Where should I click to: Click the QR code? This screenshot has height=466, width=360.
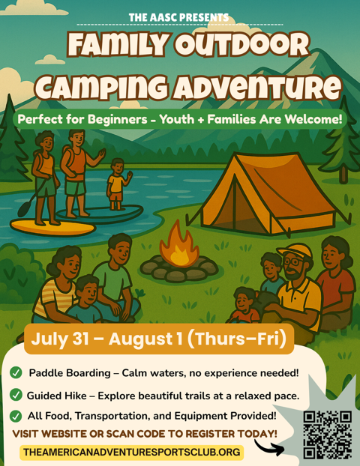[328, 435]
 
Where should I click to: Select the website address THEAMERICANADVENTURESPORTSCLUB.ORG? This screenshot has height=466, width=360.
[132, 452]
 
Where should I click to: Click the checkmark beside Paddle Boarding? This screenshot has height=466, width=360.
[16, 372]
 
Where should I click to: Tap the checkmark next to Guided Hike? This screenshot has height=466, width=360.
[16, 395]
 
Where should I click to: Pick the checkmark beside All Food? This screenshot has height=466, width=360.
[16, 416]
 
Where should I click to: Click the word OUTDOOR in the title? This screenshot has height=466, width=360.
[241, 45]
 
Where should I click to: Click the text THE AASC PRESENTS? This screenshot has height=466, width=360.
[178, 17]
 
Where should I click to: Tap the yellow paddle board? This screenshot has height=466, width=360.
[52, 227]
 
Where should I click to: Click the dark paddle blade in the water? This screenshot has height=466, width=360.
[24, 209]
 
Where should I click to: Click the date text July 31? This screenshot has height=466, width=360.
[59, 339]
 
